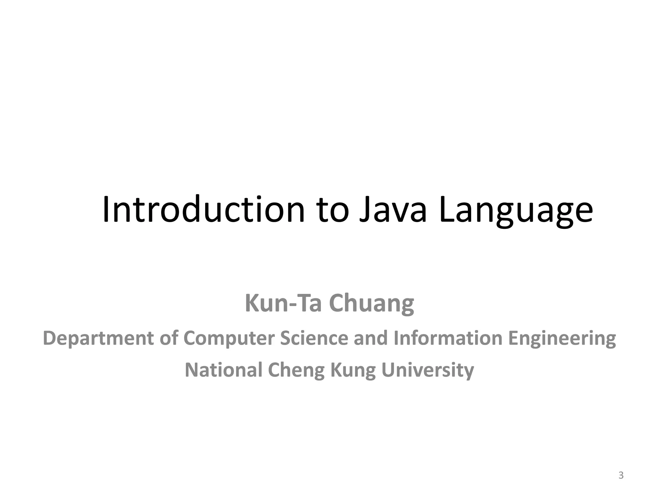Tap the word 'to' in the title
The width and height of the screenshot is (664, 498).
click(334, 211)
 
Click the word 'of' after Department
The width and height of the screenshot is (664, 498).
click(169, 338)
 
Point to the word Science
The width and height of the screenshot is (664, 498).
click(314, 338)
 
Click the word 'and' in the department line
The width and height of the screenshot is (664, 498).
click(371, 338)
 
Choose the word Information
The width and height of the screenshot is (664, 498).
click(448, 338)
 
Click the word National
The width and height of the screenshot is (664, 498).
click(223, 370)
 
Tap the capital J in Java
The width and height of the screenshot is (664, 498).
click(366, 211)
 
